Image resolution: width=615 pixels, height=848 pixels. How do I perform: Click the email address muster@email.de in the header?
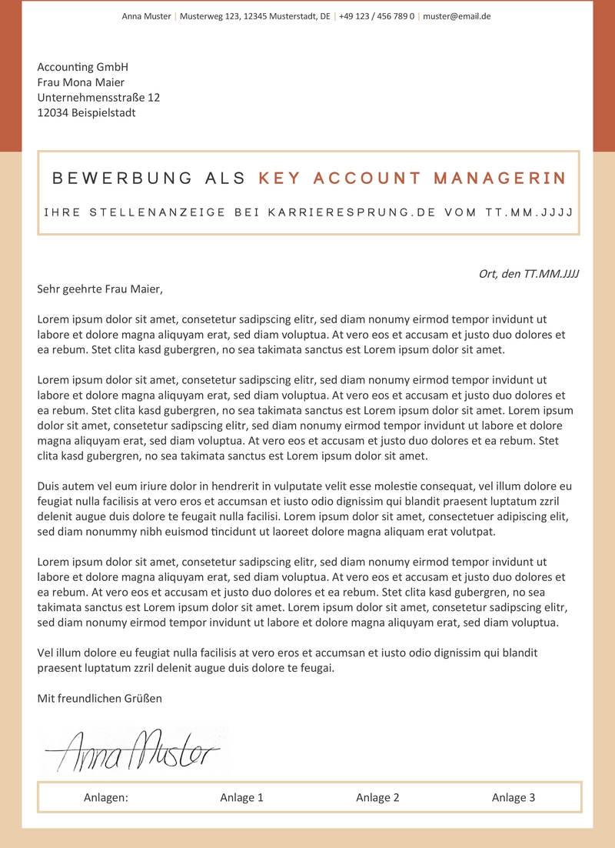pos(457,16)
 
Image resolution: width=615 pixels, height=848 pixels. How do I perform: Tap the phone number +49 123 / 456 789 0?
pos(376,16)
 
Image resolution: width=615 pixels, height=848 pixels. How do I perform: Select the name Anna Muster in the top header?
pos(146,16)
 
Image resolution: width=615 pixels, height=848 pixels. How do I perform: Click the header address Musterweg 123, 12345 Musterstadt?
pos(254,16)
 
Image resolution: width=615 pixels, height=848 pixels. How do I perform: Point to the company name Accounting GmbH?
pos(82,68)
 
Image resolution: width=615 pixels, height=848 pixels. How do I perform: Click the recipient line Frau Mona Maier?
pos(81,83)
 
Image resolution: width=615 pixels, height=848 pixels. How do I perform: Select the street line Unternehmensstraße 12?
pos(98,98)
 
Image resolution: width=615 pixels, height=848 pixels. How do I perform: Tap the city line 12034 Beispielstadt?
pos(86,113)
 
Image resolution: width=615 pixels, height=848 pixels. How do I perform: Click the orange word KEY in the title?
pos(280,179)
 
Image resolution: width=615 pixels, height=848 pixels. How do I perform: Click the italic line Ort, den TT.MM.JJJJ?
pos(528,274)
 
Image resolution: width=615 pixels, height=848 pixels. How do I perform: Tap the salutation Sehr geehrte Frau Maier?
pos(100,289)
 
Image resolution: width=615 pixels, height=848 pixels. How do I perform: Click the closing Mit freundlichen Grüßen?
pos(100,699)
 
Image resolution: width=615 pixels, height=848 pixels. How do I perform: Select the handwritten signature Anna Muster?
pos(135,751)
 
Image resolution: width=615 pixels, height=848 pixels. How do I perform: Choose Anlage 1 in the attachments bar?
pos(241,798)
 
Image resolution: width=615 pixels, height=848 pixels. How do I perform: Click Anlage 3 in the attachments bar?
pos(514,798)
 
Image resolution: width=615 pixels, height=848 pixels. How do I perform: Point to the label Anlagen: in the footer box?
pos(106,798)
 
